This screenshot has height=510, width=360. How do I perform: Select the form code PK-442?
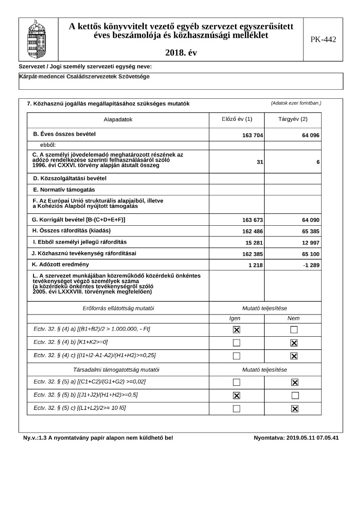[x=323, y=40]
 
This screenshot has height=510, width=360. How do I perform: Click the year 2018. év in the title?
[x=181, y=53]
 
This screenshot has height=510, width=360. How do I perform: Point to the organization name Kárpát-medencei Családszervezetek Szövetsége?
[x=85, y=76]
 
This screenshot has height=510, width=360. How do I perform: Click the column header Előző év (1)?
[x=237, y=119]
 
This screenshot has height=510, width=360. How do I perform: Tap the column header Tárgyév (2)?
[x=293, y=119]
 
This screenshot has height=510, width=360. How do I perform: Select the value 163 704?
[x=252, y=136]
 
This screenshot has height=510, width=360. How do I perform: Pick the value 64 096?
[x=310, y=136]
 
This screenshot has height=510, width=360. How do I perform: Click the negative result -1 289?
[x=311, y=265]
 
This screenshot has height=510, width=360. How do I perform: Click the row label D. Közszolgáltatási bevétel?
[x=70, y=178]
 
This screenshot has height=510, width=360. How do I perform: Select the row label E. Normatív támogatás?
[x=64, y=190]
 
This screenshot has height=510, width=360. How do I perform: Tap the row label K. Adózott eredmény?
[x=60, y=264]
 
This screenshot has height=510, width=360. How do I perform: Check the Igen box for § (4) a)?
[x=236, y=330]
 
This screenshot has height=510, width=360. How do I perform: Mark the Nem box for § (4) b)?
[x=294, y=343]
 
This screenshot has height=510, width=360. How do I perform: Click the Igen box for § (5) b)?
[x=236, y=395]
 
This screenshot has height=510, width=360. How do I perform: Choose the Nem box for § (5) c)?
[x=294, y=408]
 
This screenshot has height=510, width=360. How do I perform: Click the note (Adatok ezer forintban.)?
[x=296, y=103]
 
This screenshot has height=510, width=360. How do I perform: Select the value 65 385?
[x=310, y=231]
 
